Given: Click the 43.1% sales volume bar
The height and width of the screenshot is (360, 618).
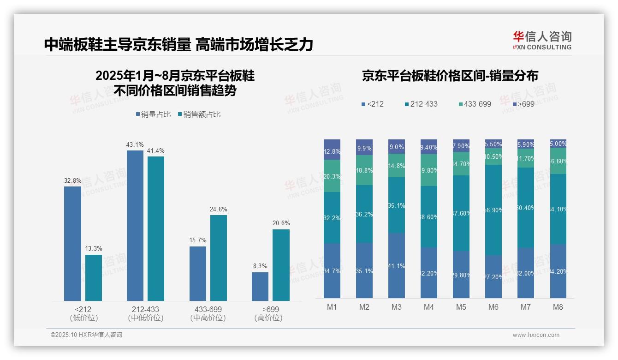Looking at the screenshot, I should [x=135, y=226].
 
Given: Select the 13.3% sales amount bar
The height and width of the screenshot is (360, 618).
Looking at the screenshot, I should [x=94, y=278].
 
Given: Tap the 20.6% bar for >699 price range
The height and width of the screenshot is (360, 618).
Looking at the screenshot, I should [x=281, y=265].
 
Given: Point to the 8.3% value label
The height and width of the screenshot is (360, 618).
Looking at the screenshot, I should [x=260, y=266].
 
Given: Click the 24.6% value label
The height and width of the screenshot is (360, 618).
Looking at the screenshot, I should [x=219, y=209].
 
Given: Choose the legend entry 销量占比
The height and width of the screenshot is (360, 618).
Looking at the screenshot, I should [x=154, y=114].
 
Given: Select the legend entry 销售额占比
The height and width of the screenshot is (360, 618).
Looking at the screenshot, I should [x=199, y=114].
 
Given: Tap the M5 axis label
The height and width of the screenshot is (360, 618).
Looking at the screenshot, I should [x=461, y=307].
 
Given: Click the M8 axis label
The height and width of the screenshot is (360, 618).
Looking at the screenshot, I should [x=558, y=307].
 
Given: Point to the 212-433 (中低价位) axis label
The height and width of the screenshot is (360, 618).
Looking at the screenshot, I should [x=146, y=313].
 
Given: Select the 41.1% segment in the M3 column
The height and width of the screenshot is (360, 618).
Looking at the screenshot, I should [x=397, y=265].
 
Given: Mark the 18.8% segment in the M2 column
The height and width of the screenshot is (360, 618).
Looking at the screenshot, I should [x=364, y=170].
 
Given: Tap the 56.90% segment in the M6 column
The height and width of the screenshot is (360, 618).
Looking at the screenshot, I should [x=493, y=210].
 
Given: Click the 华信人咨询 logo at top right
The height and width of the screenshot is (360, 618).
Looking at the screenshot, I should [x=542, y=40].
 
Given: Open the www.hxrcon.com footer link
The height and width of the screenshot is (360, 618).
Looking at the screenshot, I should [x=535, y=335].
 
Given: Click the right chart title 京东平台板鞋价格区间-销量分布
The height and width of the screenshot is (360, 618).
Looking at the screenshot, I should [x=450, y=76].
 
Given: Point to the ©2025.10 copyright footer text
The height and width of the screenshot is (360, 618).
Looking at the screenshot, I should [x=86, y=335].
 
